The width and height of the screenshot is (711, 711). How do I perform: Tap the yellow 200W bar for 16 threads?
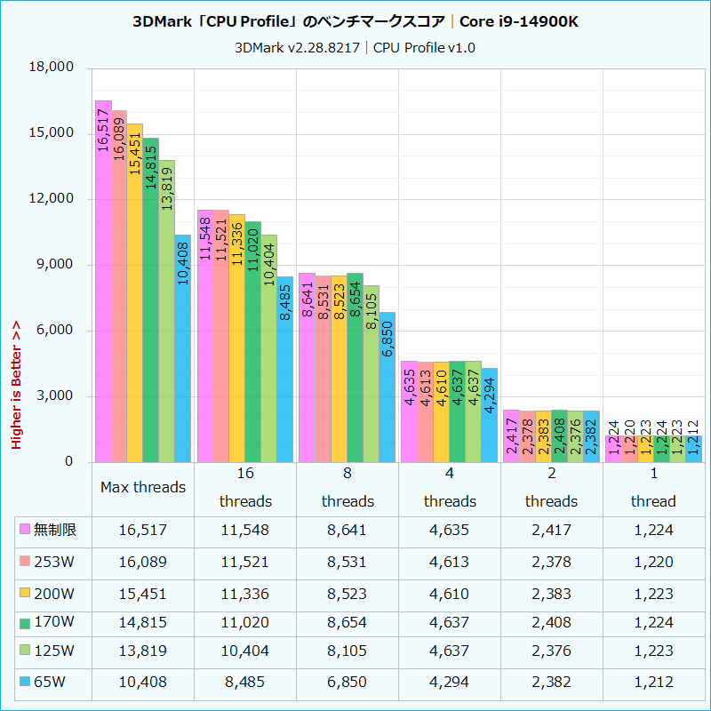pyautogui.click(x=237, y=338)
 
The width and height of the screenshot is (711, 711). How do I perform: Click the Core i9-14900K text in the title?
pyautogui.click(x=519, y=20)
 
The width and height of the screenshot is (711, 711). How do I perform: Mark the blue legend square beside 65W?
pyautogui.click(x=26, y=682)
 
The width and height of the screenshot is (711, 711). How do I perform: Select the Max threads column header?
pyautogui.click(x=143, y=487)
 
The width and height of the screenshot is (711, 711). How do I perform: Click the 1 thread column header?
pyautogui.click(x=653, y=487)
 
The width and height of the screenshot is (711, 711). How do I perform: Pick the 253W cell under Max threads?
pyautogui.click(x=143, y=561)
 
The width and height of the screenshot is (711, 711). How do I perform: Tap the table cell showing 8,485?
pyautogui.click(x=245, y=682)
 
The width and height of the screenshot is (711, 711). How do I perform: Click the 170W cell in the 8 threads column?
pyautogui.click(x=348, y=621)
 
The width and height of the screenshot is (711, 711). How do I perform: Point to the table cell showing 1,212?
pyautogui.click(x=653, y=682)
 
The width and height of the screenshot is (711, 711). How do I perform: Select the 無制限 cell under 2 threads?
pyautogui.click(x=551, y=531)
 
